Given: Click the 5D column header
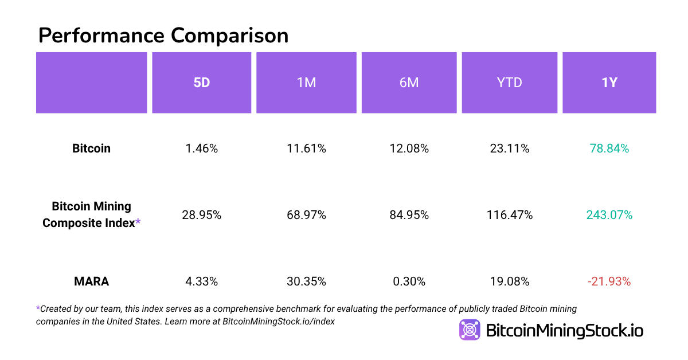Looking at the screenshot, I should click(x=201, y=83).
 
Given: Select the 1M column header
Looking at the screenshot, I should click(x=306, y=83).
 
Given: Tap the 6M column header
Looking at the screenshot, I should click(x=409, y=83).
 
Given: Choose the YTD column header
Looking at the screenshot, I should click(x=509, y=83).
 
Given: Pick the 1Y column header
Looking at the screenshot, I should click(x=609, y=83).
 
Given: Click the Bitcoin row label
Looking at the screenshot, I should click(x=91, y=148).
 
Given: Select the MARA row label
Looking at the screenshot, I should click(x=91, y=281).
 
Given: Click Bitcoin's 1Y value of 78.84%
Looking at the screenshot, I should click(x=609, y=148).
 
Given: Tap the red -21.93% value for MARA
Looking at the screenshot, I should click(x=609, y=281).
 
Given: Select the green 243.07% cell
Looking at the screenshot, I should click(x=609, y=215).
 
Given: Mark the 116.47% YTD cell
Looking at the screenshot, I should click(x=509, y=215).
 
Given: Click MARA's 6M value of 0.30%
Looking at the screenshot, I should click(x=409, y=281).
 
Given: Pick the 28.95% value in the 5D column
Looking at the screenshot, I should click(x=201, y=215).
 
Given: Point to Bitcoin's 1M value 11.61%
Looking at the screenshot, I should click(x=306, y=148).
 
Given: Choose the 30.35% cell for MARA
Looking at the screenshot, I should click(x=306, y=281).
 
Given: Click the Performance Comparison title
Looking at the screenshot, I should click(x=163, y=36).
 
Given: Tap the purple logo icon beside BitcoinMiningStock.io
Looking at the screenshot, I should click(x=470, y=330).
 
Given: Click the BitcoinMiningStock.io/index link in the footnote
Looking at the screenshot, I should click(x=278, y=322).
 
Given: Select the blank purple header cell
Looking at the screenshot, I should click(x=91, y=83).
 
